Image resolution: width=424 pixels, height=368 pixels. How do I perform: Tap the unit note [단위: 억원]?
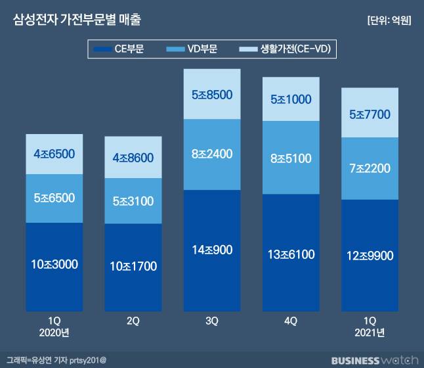389,20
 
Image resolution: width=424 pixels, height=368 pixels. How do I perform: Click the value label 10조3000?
54,264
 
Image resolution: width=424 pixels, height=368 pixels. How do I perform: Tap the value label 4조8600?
133,158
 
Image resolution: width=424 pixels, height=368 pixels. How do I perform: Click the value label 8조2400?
212,155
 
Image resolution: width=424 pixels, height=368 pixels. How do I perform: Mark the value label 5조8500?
212,95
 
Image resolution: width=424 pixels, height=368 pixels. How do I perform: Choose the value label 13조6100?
291,254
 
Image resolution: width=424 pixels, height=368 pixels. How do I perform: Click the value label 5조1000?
291,99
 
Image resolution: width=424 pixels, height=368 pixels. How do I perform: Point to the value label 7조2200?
370,168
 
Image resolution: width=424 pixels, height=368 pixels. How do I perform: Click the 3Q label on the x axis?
212,322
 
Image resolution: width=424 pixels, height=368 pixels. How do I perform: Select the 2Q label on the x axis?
133,322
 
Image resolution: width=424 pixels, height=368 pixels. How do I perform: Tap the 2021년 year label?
370,333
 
